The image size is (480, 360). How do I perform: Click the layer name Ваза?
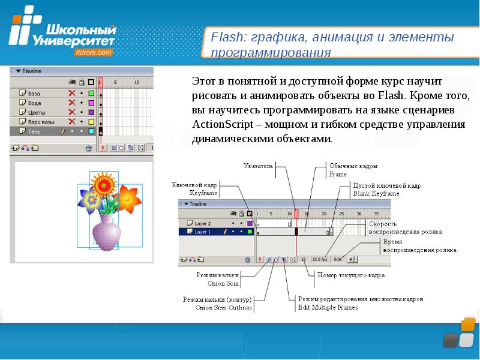click(x=34, y=94)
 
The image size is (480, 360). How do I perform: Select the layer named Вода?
click(x=35, y=103)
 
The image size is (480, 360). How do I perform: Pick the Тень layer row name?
click(x=34, y=130)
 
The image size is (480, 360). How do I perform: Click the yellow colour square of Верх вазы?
click(x=91, y=121)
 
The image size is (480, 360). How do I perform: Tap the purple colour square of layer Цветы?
click(x=91, y=112)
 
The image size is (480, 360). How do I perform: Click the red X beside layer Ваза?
click(x=72, y=94)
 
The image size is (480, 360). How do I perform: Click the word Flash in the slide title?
click(x=223, y=38)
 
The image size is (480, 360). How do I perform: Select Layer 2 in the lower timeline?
click(x=203, y=223)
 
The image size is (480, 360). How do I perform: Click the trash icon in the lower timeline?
click(x=247, y=260)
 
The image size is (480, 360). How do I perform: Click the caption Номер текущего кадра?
click(x=351, y=275)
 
